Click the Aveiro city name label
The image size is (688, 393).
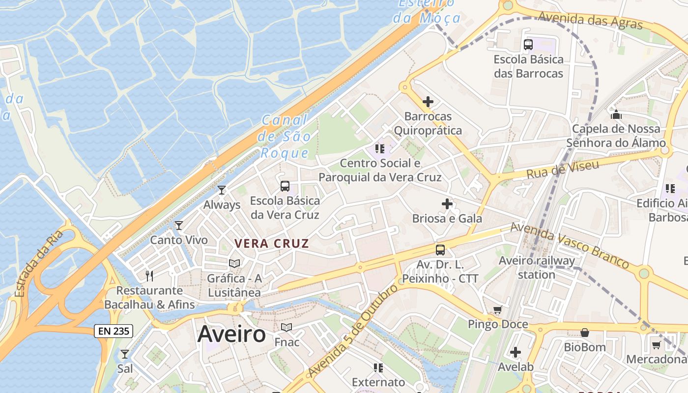pos(231,335)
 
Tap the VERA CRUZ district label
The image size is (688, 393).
pos(272,244)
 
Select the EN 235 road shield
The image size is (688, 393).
pos(114,331)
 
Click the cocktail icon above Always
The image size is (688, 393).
pos(222,190)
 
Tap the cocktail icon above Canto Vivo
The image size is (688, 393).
pos(179,225)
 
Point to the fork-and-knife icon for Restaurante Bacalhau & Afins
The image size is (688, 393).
pos(149,276)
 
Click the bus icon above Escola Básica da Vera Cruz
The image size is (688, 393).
pos(285,186)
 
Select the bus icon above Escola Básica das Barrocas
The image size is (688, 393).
pos(528,45)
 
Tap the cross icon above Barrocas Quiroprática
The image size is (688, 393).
pos(428,102)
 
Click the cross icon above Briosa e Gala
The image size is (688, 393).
pos(447,203)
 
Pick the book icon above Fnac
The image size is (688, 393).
pos(287,327)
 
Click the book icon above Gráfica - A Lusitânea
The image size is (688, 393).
pos(234,264)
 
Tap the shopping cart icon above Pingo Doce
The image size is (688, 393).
pos(498,310)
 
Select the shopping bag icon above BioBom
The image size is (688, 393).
pos(585,333)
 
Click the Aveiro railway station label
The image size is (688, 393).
pos(537,268)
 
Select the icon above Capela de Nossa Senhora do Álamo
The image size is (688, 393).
pos(616,115)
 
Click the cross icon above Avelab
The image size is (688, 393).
pos(515,352)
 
